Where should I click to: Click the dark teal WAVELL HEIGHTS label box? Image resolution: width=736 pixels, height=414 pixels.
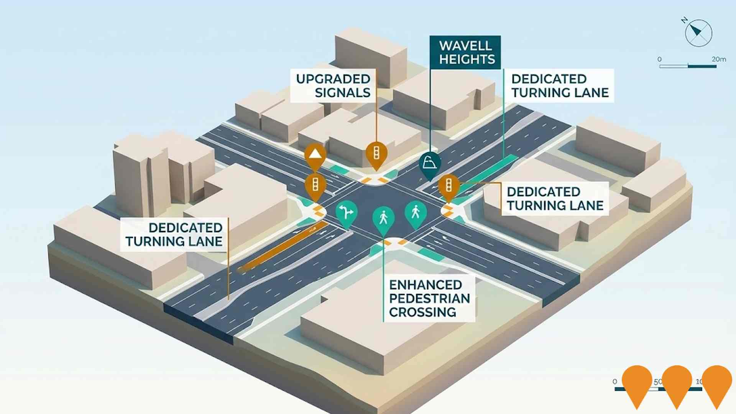(465, 53)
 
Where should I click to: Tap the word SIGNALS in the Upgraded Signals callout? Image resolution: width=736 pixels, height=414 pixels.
(343, 93)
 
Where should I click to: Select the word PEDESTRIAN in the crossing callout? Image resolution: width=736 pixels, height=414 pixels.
(429, 298)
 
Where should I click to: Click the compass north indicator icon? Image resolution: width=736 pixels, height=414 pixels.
(698, 33)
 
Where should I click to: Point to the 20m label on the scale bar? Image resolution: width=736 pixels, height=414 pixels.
(719, 59)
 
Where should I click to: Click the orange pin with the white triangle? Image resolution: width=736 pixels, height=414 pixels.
(315, 155)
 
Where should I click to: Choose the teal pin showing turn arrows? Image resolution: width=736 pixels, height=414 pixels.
(346, 212)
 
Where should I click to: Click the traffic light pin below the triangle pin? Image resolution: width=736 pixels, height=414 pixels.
(315, 186)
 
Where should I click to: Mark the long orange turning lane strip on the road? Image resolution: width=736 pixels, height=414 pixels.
(282, 247)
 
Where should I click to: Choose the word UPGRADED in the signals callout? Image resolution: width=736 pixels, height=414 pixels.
(333, 79)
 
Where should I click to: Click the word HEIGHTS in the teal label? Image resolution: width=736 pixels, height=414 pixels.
(467, 59)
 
